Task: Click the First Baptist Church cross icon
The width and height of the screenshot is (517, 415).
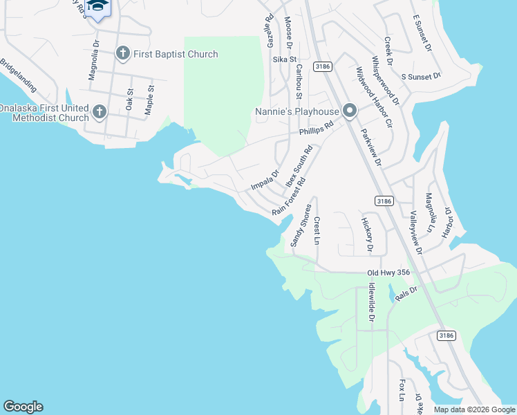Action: pos(123,53)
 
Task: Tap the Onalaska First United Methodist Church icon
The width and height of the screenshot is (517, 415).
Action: pos(100,111)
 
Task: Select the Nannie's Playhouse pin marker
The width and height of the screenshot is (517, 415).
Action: pos(350,111)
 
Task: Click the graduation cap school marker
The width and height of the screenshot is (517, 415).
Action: pos(97,6)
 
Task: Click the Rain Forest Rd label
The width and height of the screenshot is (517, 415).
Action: pos(289,197)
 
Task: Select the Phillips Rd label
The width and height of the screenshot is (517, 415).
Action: pos(317,129)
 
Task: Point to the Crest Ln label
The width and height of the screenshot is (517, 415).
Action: pos(317,230)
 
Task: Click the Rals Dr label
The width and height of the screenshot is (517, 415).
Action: pos(406,294)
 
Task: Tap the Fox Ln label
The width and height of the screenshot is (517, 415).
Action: pos(402,389)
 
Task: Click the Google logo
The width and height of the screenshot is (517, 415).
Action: pos(23,407)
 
